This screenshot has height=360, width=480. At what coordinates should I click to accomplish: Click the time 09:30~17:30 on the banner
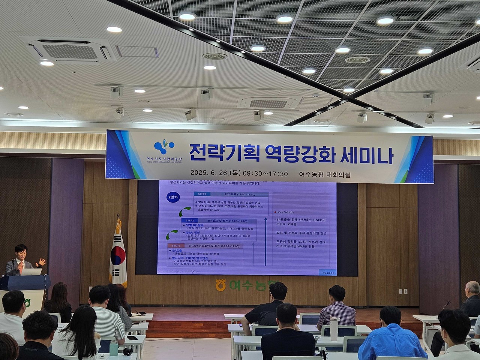coord(264,174)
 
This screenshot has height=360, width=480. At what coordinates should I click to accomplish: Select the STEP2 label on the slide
coord(190,220)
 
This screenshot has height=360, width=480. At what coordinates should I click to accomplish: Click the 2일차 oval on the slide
coord(174,198)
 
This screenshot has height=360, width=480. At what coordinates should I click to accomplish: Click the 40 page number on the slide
coord(325,273)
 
